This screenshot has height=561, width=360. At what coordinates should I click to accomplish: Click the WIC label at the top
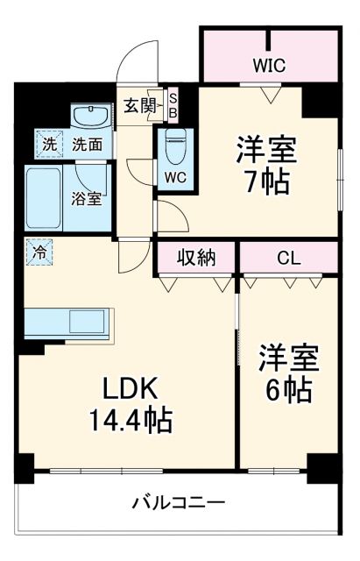[x=269, y=65]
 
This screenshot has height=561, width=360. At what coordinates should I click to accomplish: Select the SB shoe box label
[x=173, y=105]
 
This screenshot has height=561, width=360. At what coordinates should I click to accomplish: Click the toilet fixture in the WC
[x=174, y=141]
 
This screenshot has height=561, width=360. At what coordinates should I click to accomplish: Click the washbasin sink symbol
[x=89, y=117]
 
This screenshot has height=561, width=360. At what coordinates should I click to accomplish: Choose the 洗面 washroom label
[x=87, y=144]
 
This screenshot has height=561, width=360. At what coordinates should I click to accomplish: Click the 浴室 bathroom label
[x=86, y=198]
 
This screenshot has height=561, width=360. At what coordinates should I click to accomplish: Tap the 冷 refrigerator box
[x=39, y=252]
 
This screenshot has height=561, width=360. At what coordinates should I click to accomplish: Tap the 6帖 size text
[x=286, y=389]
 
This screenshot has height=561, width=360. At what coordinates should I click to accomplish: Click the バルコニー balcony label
[x=179, y=503]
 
